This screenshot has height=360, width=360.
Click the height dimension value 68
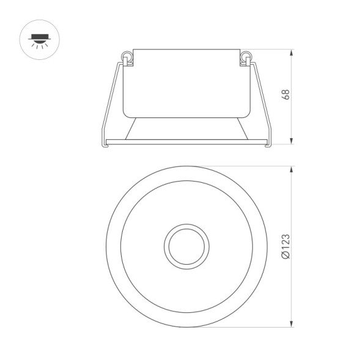pos(285,95)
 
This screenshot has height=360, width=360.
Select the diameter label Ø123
pos(286,247)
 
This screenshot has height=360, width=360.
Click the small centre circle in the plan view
pos(187,246)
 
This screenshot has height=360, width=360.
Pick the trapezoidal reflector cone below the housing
pos(186,128)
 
